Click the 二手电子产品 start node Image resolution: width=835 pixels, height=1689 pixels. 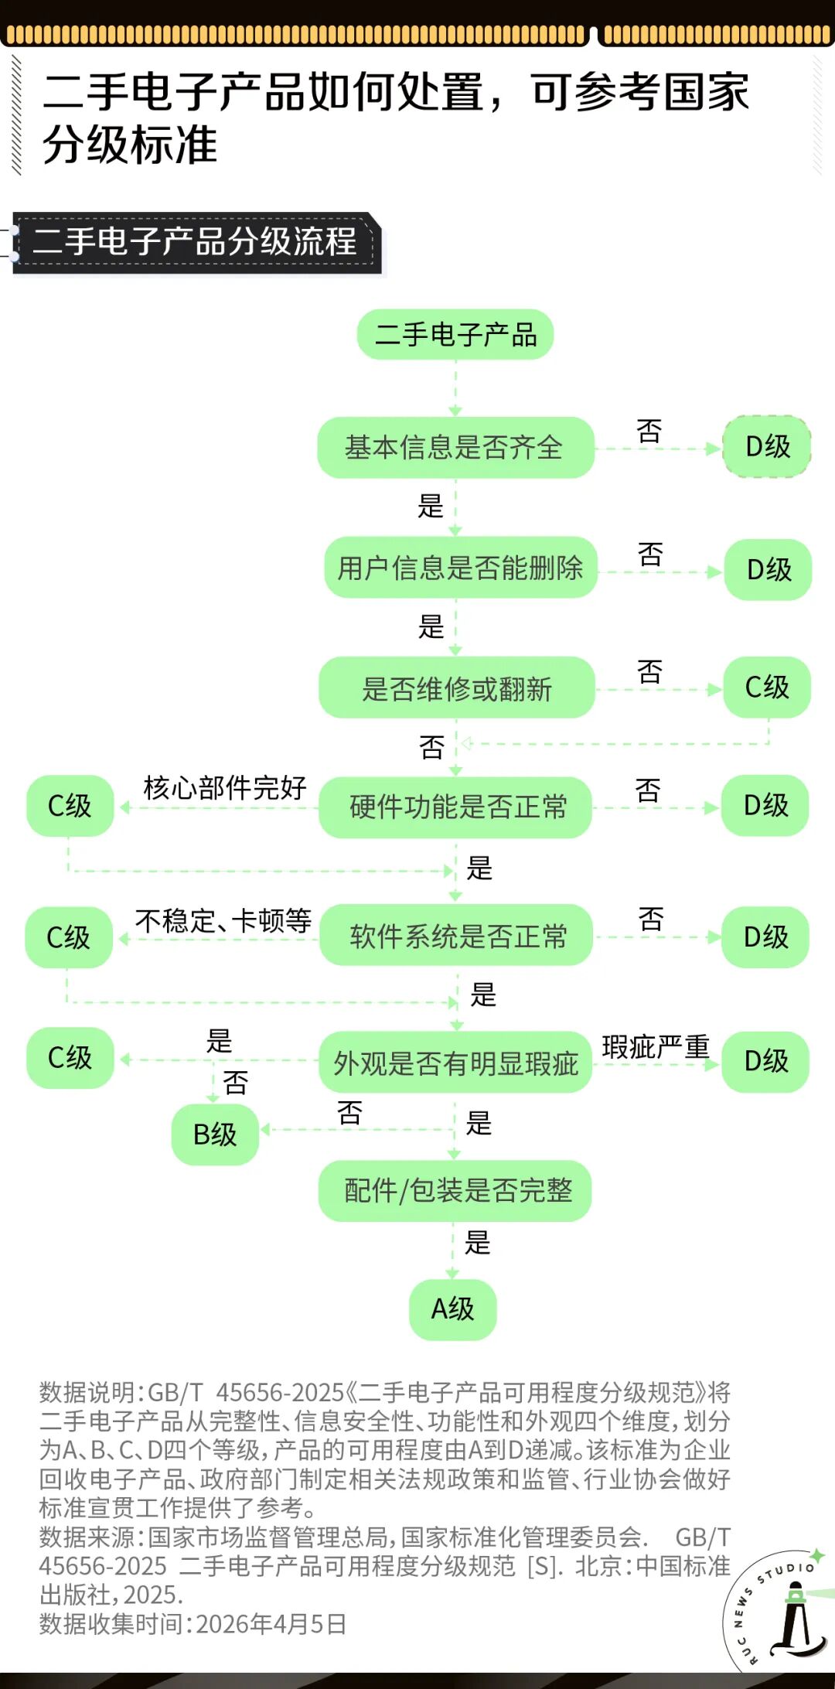click(x=455, y=335)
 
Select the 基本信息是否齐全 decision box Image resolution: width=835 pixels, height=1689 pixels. click(x=455, y=448)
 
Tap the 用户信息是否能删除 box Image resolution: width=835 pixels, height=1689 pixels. click(x=461, y=568)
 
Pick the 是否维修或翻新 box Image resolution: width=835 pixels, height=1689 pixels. click(x=457, y=688)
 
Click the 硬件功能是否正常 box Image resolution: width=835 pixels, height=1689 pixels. click(x=456, y=807)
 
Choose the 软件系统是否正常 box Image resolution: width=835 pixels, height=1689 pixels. click(x=456, y=936)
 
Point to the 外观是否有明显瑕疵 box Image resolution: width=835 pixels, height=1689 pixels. click(x=456, y=1063)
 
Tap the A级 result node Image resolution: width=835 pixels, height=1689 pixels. click(x=452, y=1309)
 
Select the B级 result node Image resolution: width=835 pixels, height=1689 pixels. click(x=215, y=1135)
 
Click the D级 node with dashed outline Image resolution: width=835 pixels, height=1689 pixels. click(x=767, y=447)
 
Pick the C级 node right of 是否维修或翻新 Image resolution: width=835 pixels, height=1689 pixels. click(x=767, y=687)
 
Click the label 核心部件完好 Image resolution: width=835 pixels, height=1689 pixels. click(x=225, y=788)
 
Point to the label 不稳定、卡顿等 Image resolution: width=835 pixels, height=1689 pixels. click(x=223, y=921)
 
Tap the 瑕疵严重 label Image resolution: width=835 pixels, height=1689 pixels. click(x=656, y=1047)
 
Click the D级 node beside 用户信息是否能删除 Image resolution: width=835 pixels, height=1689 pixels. click(x=769, y=570)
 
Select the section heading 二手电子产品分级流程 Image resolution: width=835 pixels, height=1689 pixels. click(x=195, y=241)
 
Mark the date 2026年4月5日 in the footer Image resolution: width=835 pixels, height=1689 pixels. click(x=271, y=1624)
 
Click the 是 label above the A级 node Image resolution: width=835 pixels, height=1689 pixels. click(x=477, y=1243)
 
